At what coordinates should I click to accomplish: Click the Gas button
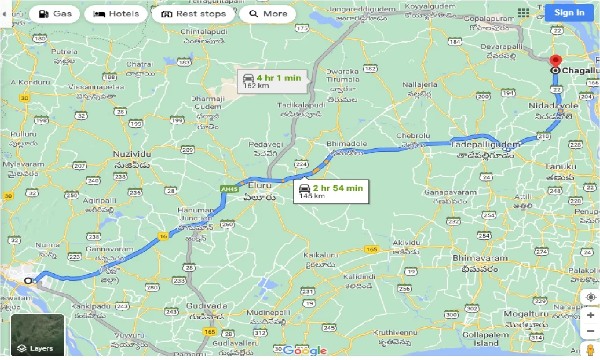pyautogui.click(x=55, y=14)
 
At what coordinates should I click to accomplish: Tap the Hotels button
pyautogui.click(x=116, y=14)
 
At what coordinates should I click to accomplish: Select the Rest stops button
pyautogui.click(x=193, y=14)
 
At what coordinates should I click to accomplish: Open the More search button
pyautogui.click(x=268, y=14)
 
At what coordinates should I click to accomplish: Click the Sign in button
pyautogui.click(x=569, y=13)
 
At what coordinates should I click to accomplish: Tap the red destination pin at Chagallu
pyautogui.click(x=555, y=61)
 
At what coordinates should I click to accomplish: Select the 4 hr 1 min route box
pyautogui.click(x=272, y=81)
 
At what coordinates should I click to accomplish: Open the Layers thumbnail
pyautogui.click(x=37, y=335)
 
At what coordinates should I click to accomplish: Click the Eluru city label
pyautogui.click(x=260, y=186)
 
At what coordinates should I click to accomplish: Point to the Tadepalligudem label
pyautogui.click(x=485, y=145)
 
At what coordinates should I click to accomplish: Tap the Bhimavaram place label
pyautogui.click(x=480, y=258)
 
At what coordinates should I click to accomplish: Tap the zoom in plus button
pyautogui.click(x=590, y=315)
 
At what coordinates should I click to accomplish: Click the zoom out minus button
pyautogui.click(x=590, y=331)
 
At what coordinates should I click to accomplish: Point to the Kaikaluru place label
pyautogui.click(x=321, y=255)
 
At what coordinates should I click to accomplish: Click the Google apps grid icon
pyautogui.click(x=523, y=13)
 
